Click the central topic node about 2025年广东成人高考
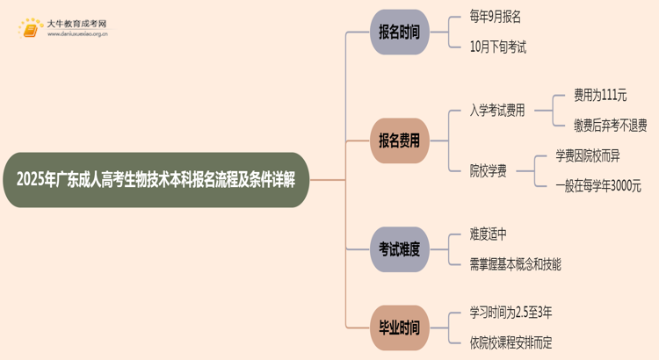156,180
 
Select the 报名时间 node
399,32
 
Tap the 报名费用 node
399,140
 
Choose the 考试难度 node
399,249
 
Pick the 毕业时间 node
399,328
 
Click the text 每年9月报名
495,17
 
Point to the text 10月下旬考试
498,47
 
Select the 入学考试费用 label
497,111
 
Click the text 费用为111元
600,96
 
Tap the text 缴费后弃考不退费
611,126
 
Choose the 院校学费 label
488,171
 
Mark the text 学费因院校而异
588,155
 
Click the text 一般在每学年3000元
598,185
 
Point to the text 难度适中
488,234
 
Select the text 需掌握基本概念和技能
515,264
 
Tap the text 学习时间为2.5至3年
511,313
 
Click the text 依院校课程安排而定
511,342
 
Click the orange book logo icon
31,29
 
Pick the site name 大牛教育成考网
76,24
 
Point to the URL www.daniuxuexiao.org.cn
77,34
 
